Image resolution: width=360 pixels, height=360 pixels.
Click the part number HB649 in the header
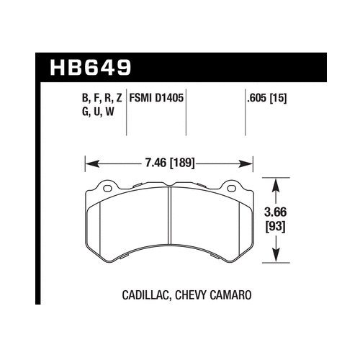[91, 68]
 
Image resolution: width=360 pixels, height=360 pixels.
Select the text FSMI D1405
[156, 98]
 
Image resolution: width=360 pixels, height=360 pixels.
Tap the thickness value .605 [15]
[267, 98]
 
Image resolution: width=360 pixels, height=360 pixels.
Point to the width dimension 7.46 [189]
[170, 163]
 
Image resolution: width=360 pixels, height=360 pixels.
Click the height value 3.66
[276, 212]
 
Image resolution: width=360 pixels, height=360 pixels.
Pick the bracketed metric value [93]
[276, 227]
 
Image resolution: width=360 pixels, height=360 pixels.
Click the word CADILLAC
[145, 295]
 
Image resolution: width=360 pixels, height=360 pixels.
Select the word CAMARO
[230, 295]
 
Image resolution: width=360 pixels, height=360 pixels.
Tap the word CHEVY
[191, 295]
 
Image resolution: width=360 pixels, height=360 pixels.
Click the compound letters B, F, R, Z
[102, 98]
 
